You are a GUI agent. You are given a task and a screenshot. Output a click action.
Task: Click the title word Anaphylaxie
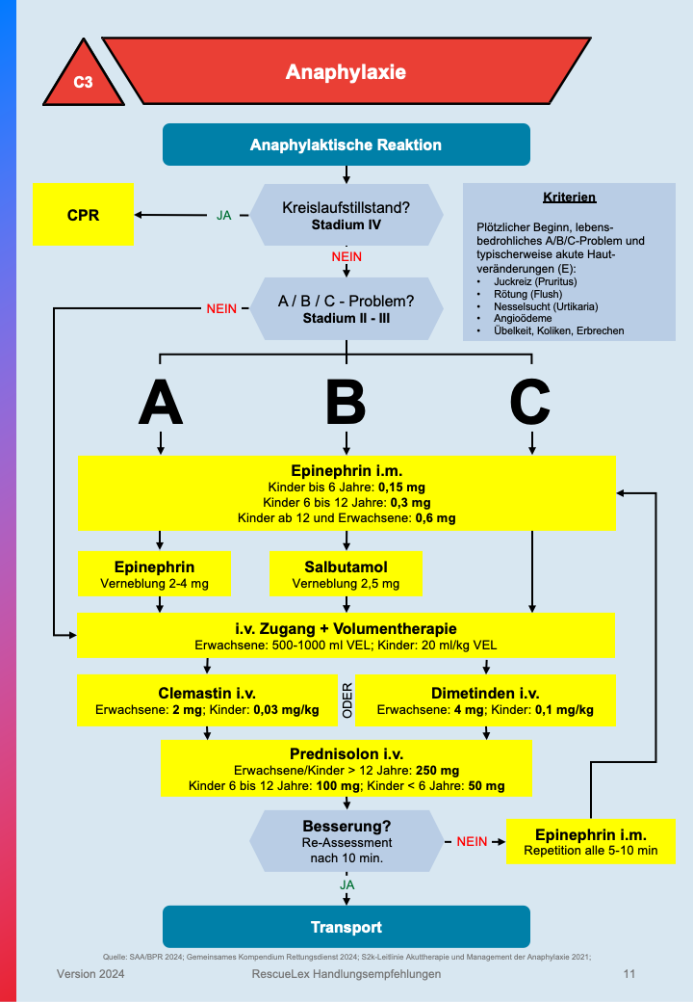click(x=346, y=72)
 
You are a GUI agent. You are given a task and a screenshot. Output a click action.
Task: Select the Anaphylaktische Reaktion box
click(x=346, y=145)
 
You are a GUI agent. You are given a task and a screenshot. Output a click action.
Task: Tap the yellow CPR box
click(x=83, y=214)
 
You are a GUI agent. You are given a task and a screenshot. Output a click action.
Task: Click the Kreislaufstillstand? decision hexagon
click(x=346, y=215)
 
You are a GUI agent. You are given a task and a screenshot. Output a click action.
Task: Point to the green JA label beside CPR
click(x=223, y=215)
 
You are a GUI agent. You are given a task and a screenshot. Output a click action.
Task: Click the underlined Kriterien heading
click(x=569, y=198)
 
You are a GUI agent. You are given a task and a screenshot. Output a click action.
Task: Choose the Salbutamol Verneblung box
click(x=346, y=573)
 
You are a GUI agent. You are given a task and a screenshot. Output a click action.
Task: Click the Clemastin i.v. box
click(x=207, y=700)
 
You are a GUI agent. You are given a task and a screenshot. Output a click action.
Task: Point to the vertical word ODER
click(x=347, y=700)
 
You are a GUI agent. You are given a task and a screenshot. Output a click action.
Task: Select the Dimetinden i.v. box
click(x=485, y=700)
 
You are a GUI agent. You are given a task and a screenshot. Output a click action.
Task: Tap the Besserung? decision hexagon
click(x=346, y=840)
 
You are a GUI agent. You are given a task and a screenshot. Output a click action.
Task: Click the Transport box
click(x=346, y=927)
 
